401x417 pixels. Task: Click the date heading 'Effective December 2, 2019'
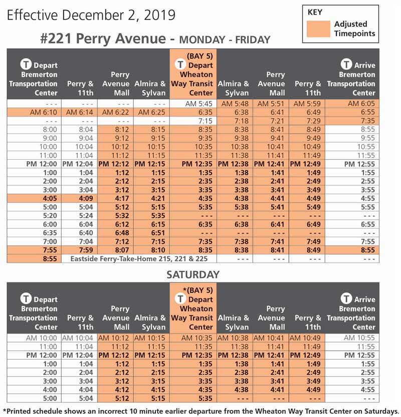click(91, 15)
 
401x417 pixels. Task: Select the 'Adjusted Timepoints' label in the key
click(354, 29)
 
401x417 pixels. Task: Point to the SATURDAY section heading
click(193, 274)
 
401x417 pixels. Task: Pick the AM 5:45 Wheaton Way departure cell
click(193, 103)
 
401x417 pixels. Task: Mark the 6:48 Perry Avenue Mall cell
click(116, 233)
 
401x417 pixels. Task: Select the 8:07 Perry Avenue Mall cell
click(116, 250)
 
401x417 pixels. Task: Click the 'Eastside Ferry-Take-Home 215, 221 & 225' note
click(143, 259)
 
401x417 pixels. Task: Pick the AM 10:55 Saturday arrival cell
click(357, 338)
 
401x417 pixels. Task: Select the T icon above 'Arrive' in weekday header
click(346, 64)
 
